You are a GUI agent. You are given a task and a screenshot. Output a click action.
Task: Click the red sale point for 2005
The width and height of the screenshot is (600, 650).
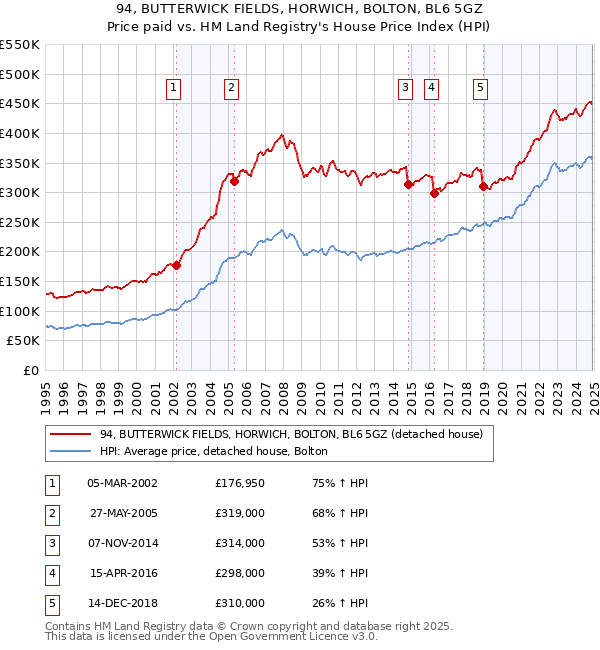[x=234, y=181]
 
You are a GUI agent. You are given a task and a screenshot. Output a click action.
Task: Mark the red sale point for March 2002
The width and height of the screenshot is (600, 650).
[x=176, y=265]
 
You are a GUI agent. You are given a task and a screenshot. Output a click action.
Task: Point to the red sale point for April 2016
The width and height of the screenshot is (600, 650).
[x=434, y=194]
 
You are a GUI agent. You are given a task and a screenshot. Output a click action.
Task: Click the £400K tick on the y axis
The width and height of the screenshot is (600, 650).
[x=23, y=133]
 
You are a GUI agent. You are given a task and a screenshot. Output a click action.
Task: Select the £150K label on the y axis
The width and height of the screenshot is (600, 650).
[x=23, y=282]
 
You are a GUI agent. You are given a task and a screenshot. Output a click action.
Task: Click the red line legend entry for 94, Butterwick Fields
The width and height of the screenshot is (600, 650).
[x=291, y=434]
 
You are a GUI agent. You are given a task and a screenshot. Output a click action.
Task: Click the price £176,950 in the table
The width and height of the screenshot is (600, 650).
[x=240, y=482]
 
